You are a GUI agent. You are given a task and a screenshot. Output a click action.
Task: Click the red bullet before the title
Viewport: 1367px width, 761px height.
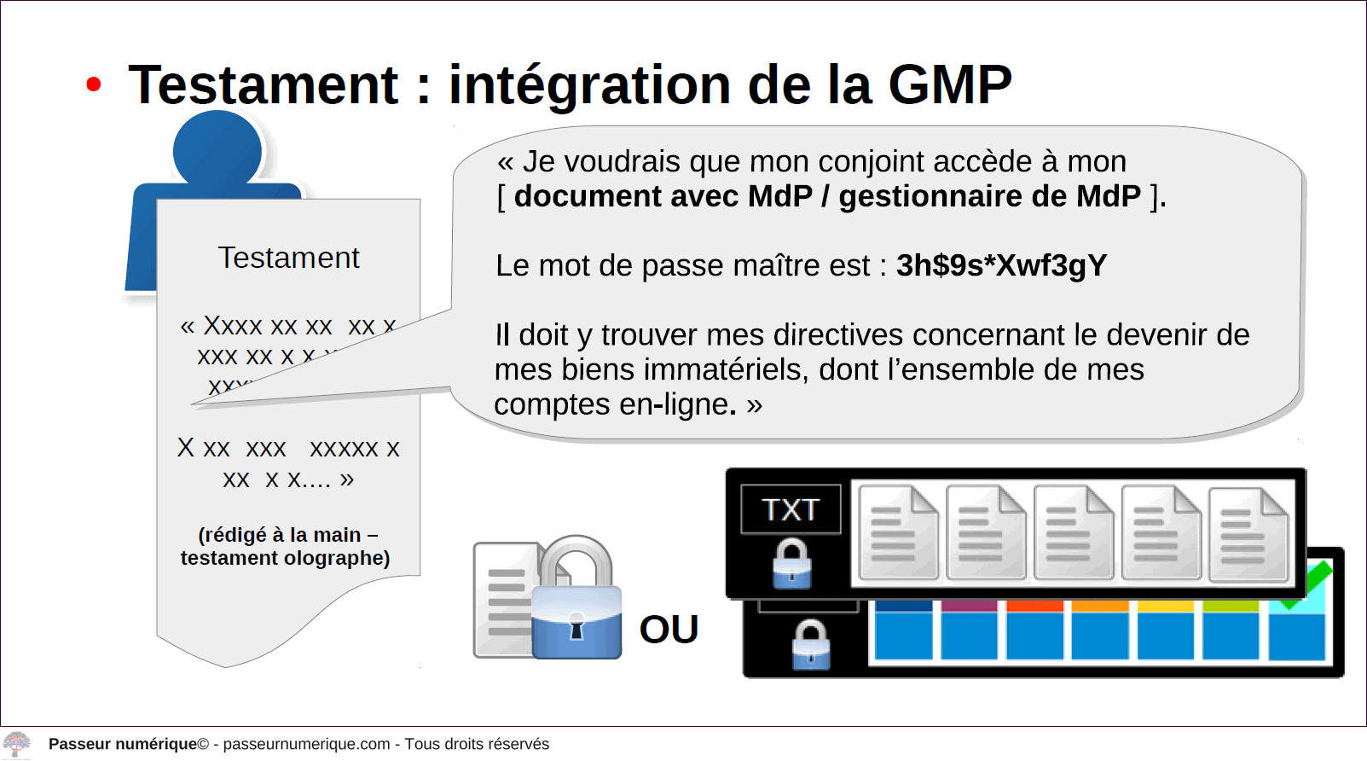coord(93,84)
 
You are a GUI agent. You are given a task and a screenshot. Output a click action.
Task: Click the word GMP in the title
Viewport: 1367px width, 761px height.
coord(950,84)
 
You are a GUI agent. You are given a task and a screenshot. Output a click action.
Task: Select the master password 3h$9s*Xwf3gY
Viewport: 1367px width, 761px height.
coord(1001,265)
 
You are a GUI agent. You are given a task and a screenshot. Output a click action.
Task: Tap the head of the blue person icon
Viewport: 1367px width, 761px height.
coord(217,149)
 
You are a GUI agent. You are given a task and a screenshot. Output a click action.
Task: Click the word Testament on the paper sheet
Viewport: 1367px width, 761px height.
coord(288,257)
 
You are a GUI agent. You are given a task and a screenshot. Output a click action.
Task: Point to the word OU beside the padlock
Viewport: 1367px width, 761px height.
coord(669,629)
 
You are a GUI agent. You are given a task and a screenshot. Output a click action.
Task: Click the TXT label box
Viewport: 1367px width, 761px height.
coord(791,509)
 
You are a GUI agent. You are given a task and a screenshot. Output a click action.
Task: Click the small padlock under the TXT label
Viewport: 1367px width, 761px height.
coord(791,563)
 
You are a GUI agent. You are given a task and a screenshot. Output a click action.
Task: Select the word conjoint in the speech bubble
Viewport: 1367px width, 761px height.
coord(872,162)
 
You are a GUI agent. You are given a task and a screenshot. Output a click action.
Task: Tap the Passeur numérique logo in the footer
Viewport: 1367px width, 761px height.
coord(16,745)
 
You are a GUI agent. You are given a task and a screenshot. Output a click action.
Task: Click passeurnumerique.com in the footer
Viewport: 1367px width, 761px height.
coord(306,744)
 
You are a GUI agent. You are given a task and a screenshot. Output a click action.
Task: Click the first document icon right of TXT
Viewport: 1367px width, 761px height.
coord(898,532)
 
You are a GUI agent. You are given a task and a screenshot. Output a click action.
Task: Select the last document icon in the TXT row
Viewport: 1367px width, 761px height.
coord(1248,534)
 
